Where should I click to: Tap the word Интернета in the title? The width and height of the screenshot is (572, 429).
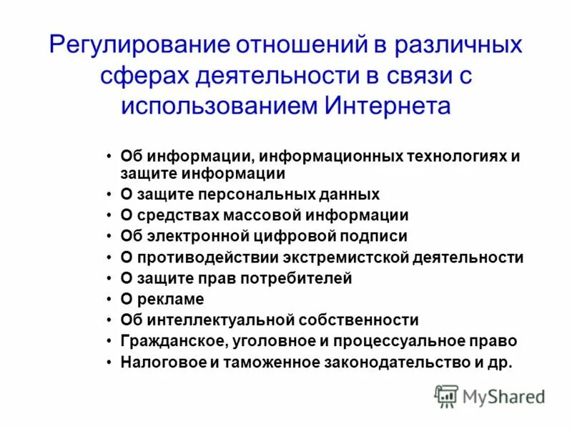389,106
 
